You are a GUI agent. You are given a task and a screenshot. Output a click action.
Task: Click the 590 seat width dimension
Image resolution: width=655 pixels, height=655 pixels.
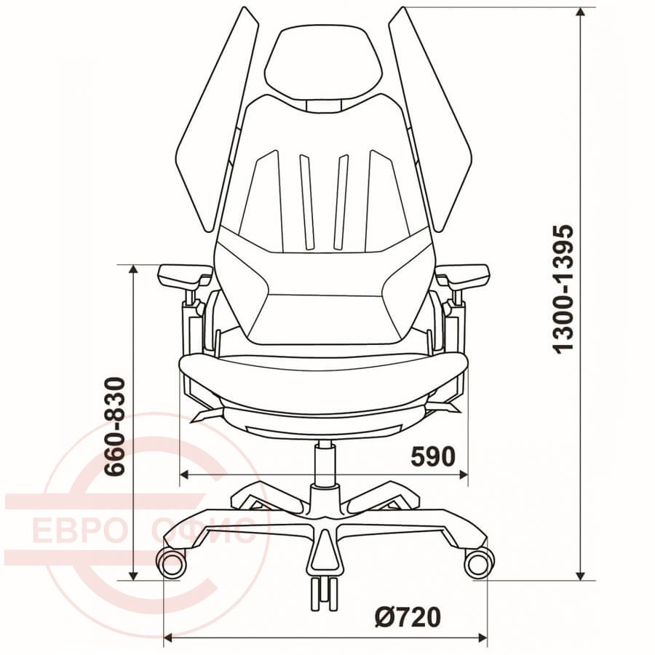433,456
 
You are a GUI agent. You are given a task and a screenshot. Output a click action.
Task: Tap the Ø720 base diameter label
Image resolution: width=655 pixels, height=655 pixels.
408,617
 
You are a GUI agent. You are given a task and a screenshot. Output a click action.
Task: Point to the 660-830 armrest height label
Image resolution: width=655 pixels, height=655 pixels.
114,426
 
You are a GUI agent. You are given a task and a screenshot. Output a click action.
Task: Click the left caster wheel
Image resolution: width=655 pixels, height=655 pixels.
171,563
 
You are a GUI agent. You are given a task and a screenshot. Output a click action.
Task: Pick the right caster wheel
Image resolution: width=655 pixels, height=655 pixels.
479,563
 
